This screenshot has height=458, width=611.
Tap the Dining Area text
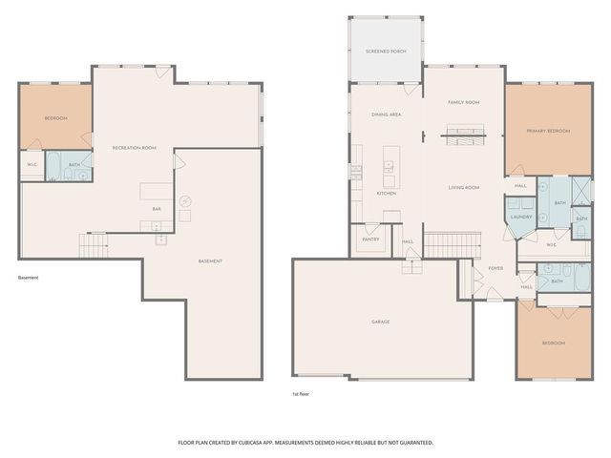click(x=386, y=114)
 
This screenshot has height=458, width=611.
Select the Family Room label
click(x=464, y=102)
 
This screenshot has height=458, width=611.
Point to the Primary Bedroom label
click(x=548, y=130)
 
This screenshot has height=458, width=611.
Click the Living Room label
click(x=464, y=187)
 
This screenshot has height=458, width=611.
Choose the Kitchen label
click(x=386, y=194)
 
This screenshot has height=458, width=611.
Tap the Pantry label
click(x=370, y=239)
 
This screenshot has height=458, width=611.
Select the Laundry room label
click(x=520, y=217)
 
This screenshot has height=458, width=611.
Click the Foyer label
click(x=495, y=268)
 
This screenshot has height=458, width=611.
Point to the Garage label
click(x=380, y=323)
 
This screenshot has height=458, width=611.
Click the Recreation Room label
click(x=134, y=148)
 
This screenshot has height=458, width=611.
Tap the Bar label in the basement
click(x=157, y=208)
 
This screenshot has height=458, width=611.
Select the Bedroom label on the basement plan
click(x=56, y=118)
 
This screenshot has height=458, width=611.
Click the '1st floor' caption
click(x=302, y=393)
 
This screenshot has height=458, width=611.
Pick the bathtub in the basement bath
click(x=53, y=162)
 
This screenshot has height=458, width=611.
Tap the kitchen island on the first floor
click(x=390, y=166)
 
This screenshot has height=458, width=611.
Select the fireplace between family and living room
click(x=465, y=135)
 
